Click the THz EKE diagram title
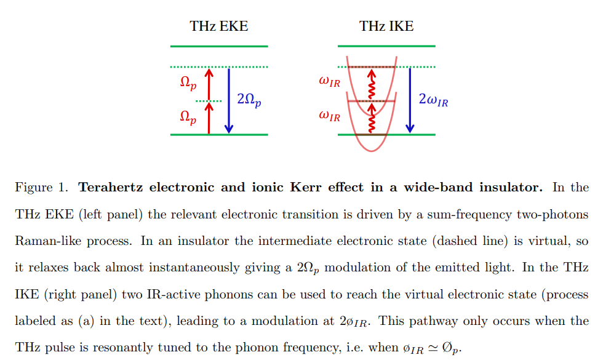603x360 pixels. tap(219, 26)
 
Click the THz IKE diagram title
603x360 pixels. tap(386, 26)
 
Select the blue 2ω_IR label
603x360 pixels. tap(433, 100)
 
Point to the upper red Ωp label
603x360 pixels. tap(188, 83)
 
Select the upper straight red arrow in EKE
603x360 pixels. tap(209, 84)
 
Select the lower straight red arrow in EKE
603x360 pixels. tap(209, 118)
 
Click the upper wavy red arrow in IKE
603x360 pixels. tap(371, 84)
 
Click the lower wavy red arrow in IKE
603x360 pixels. tap(371, 118)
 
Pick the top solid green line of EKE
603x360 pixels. tap(219, 46)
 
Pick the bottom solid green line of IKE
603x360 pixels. tap(386, 134)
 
